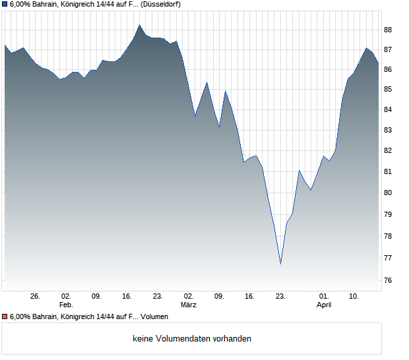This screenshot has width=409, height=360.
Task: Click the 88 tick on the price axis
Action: coord(388,30)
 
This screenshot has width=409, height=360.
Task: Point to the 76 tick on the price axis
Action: coord(388,281)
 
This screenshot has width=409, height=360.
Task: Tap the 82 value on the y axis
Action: coord(388,150)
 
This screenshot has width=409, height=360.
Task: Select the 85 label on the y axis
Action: coord(388,89)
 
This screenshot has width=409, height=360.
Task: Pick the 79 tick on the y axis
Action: coord(388,215)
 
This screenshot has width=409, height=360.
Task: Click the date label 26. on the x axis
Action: coord(36,297)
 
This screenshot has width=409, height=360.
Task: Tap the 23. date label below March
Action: coord(280,297)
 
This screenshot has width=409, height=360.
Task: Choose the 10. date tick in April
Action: coord(354,297)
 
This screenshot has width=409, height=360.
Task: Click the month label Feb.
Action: coord(66,305)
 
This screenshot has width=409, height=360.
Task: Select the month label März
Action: coord(189,305)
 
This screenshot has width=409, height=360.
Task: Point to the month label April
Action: coord(324,305)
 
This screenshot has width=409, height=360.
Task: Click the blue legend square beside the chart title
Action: coord(5,4)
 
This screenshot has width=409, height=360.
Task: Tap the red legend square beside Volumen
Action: coord(5,317)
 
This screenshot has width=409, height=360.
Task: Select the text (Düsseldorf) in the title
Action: coord(161,4)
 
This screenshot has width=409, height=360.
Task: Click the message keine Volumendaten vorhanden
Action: coord(192,339)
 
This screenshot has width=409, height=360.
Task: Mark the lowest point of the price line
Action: coord(280,264)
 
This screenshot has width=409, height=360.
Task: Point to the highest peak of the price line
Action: coord(140,25)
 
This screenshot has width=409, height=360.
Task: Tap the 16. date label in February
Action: coord(127,297)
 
